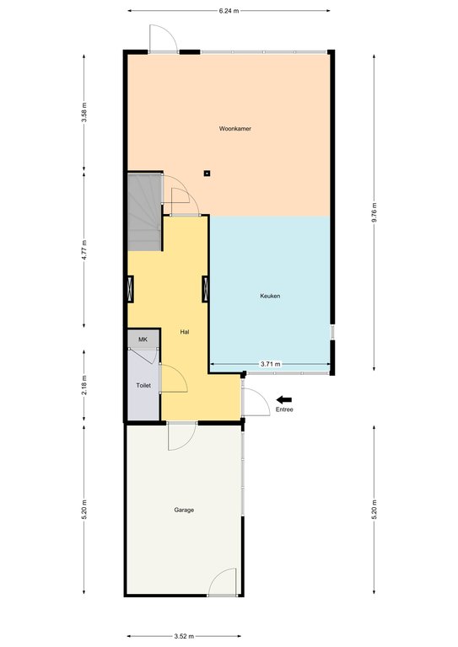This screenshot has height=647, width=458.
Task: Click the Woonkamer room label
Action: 235,129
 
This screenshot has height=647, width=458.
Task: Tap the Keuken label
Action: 270,296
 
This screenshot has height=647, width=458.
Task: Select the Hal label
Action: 185,332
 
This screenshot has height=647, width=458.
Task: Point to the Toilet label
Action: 143,385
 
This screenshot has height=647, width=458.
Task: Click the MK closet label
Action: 143,340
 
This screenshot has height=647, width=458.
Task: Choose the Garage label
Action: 184,510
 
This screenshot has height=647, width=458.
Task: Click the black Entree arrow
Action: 284,399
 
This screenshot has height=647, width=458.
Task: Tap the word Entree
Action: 284,409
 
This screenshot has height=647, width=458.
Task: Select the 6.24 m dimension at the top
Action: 229,11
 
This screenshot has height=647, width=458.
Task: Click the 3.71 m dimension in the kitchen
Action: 270,364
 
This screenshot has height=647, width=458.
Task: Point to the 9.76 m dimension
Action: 374,212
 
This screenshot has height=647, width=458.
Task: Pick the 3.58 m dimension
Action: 84,112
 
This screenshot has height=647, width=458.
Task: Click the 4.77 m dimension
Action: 84,249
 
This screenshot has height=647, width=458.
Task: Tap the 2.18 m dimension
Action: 84,385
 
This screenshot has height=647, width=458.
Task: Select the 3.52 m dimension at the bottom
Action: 184,636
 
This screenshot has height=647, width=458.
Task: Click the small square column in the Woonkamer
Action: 207,174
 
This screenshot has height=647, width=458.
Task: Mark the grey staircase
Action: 144,212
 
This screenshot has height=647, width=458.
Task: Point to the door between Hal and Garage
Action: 182,436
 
